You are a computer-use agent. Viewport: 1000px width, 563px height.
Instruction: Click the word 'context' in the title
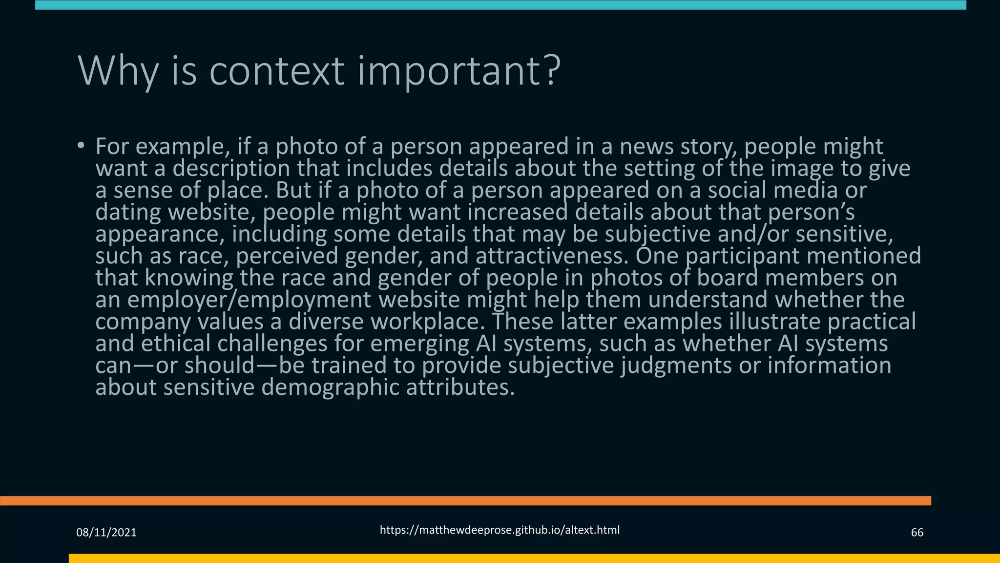276,71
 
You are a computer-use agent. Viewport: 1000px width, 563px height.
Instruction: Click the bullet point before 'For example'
81,146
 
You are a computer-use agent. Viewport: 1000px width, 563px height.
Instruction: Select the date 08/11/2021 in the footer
106,533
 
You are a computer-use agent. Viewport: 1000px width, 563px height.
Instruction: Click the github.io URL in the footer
500,530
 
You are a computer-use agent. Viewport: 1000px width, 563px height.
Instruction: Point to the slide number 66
917,533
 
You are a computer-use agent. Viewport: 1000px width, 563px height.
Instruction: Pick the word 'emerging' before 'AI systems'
418,344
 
